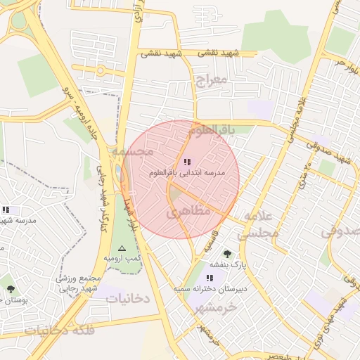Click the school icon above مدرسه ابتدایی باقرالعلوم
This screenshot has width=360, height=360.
[186, 163]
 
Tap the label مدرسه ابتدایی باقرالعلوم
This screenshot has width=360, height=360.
[187, 173]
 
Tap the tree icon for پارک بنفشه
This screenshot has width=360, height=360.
[226, 253]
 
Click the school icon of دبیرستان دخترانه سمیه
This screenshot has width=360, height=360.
[209, 278]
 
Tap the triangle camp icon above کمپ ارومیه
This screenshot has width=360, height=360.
[122, 248]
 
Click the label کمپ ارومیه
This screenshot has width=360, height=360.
[123, 259]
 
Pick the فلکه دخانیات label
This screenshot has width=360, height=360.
[59, 329]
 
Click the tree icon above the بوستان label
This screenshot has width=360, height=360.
[10, 289]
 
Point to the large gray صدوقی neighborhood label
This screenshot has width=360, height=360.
[344, 231]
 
